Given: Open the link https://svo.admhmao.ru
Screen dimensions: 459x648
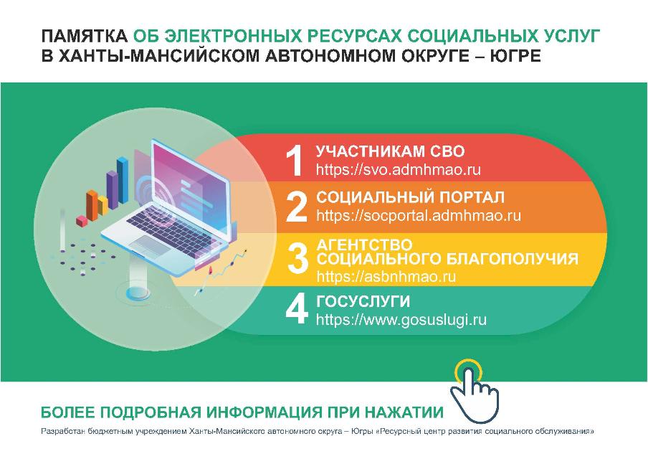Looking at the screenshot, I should click(398, 170).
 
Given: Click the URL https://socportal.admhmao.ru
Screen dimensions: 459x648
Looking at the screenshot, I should click(419, 215).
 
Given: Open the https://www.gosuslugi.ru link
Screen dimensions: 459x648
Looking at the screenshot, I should click(401, 319).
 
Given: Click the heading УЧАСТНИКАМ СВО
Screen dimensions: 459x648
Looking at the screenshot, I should click(391, 151).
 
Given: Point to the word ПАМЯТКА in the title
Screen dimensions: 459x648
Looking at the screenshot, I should click(83, 36).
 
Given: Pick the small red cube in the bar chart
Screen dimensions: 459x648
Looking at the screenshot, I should click(81, 219).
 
